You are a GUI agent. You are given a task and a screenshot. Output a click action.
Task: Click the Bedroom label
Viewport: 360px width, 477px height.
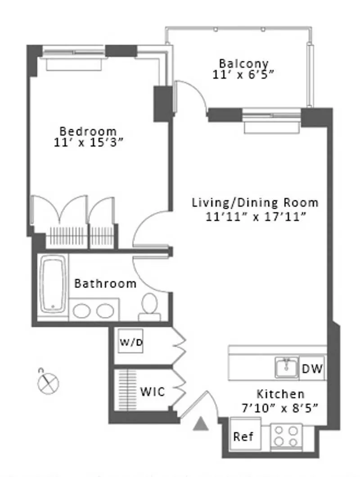[88, 131]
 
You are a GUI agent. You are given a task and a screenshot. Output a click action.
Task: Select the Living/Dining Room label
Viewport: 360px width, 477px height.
[255, 202]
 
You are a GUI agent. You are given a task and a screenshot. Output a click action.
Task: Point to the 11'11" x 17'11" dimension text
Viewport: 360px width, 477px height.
[255, 216]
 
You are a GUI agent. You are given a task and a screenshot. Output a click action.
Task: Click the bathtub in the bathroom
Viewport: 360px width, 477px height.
[53, 284]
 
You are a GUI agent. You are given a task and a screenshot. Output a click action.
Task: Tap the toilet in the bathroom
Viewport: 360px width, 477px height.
[149, 306]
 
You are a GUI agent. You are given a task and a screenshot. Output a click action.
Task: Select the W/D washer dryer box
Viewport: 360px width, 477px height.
[131, 341]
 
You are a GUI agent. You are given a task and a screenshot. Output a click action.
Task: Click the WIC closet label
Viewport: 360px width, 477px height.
[153, 391]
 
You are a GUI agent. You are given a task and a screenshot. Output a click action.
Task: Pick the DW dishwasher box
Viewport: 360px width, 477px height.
[312, 369]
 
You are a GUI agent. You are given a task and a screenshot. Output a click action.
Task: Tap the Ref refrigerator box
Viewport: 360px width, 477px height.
[244, 436]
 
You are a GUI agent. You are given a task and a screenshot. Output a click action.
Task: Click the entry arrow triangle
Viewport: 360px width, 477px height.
[201, 424]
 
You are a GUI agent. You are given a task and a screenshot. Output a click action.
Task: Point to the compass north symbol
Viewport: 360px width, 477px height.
[48, 382]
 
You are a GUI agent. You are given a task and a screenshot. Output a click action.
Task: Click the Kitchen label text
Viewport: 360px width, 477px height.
[280, 394]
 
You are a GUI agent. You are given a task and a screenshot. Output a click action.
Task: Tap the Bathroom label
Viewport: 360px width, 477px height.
[105, 283]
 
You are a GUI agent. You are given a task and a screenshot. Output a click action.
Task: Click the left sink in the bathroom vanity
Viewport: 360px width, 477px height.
[81, 310]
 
